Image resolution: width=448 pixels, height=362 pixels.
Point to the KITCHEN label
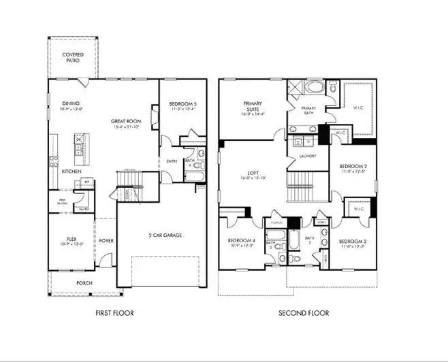(71, 171)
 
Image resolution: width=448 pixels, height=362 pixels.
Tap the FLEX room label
(65, 239)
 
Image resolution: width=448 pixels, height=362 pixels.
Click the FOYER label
(106, 240)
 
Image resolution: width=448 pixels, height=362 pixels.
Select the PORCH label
(84, 283)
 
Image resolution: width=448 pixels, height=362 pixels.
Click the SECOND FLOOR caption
(304, 313)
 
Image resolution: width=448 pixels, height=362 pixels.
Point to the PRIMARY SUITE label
(253, 107)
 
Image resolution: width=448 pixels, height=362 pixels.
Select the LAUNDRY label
(306, 156)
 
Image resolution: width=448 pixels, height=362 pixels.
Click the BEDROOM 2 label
(353, 166)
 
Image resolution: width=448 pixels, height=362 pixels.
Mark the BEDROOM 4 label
(241, 241)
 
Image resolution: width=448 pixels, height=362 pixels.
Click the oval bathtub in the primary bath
(315, 88)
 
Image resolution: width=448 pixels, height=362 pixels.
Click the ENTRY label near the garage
(172, 161)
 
